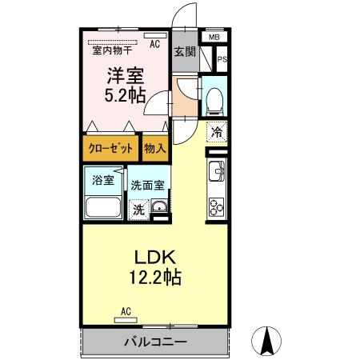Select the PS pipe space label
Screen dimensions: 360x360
222,58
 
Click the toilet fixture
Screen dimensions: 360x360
214,98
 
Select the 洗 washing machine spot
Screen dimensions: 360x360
138,210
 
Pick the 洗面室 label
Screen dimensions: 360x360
147,185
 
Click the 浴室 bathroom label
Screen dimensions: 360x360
102,180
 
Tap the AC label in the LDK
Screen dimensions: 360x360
126,310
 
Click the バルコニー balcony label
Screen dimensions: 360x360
155,342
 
